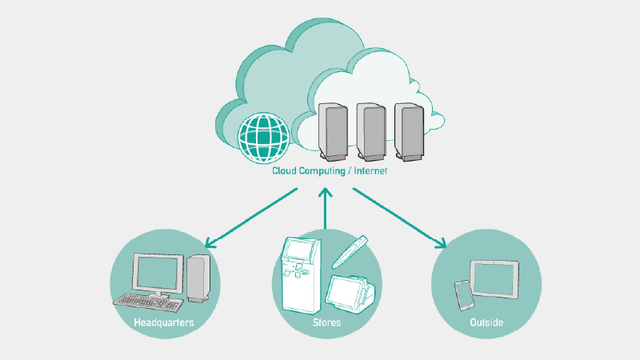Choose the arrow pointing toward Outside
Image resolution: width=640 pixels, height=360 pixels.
tap(400, 218)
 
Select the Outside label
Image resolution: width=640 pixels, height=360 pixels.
tap(486, 323)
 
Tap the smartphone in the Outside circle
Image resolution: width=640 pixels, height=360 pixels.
tap(464, 294)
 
